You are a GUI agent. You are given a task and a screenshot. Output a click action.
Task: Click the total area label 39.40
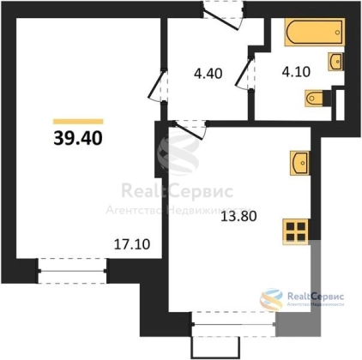78,139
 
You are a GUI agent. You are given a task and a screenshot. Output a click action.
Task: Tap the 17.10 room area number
132,244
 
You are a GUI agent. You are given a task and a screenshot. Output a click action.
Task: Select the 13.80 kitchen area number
238,217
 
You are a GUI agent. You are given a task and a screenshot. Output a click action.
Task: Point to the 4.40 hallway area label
208,74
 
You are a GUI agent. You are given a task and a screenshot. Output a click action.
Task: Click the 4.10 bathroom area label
296,72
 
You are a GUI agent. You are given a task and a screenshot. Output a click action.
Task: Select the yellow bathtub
315,32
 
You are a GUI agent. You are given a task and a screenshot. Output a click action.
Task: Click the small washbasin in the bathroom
336,62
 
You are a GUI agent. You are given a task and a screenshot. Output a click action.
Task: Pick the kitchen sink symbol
299,163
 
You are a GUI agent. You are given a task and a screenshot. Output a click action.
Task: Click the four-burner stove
296,231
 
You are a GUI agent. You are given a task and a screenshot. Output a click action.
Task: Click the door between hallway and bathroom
245,74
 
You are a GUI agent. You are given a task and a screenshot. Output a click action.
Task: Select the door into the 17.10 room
158,86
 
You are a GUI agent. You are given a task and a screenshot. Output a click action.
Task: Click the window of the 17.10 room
72,271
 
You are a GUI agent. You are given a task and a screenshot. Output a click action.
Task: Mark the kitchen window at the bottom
234,324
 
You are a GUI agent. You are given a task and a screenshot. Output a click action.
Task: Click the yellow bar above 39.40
78,122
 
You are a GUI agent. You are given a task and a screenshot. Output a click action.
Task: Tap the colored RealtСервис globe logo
271,300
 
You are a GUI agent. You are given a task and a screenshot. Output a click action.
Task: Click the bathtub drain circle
338,33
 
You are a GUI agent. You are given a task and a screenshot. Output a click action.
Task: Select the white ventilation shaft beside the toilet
340,105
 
